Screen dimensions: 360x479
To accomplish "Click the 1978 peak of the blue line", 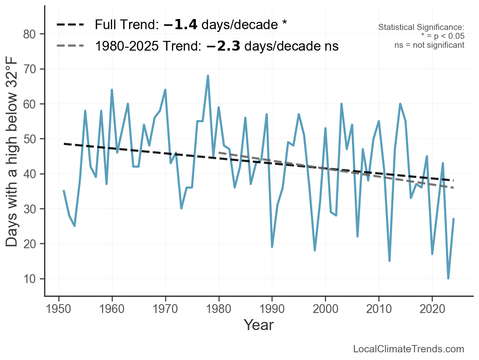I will click(208, 76).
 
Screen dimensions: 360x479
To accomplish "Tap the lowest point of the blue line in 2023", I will click(448, 278).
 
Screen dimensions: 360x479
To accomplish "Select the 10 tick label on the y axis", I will click(33, 279).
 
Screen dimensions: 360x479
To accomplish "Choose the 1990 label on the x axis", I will click(272, 309).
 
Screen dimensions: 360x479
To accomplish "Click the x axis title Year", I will click(259, 325).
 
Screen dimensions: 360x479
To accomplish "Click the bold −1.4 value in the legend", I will click(180, 25).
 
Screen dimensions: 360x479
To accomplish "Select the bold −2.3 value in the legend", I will click(223, 46).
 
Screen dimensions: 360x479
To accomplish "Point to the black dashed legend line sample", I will click(70, 25).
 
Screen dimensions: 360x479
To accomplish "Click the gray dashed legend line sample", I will click(70, 46).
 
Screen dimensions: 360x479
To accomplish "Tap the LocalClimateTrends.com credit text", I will click(409, 349).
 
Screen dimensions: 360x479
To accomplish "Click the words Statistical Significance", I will click(421, 27).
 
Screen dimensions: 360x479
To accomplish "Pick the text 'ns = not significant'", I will click(429, 45).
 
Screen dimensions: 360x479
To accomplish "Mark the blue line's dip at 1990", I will click(272, 247).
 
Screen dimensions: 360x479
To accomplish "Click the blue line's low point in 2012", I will click(389, 261).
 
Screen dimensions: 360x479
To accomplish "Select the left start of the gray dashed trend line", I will click(219, 153).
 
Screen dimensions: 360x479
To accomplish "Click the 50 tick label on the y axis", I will click(33, 139).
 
